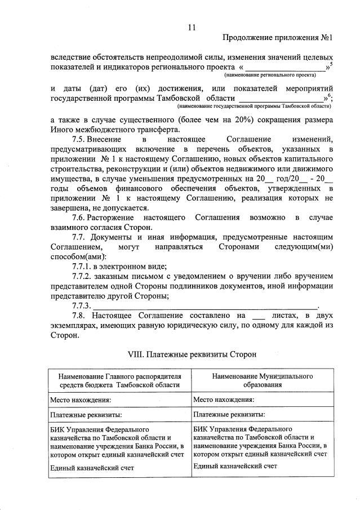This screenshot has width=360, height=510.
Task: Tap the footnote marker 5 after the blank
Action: tap(331, 64)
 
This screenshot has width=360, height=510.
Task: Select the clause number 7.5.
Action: tap(82, 139)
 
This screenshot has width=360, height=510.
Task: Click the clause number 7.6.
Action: tap(82, 218)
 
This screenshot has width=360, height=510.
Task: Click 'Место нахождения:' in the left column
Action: tap(81, 400)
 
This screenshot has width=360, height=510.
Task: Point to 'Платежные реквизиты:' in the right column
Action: tap(229, 415)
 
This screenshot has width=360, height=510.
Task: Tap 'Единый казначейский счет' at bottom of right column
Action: tap(235, 466)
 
